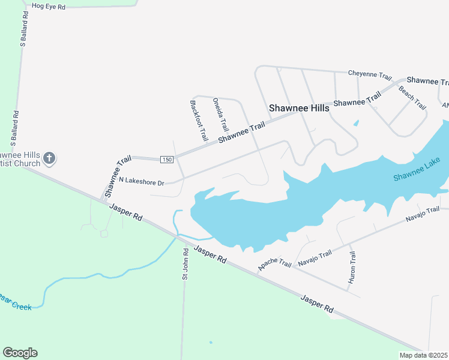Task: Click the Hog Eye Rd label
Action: pos(48,6)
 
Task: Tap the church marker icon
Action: pos(49,158)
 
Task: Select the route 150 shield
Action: pos(167,159)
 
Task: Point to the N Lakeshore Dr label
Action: pos(141,180)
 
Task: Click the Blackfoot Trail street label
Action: pos(199,120)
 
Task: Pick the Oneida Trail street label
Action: pos(221,115)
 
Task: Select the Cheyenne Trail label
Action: pos(370,75)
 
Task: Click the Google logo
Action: pos(20,353)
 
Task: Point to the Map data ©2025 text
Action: pos(423,355)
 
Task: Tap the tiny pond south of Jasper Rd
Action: pos(211,343)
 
